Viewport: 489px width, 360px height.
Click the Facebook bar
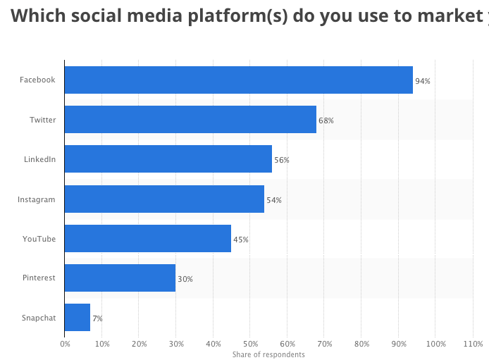pyautogui.click(x=238, y=80)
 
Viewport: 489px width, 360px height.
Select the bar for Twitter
pyautogui.click(x=190, y=120)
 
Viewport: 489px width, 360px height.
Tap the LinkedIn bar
pyautogui.click(x=168, y=159)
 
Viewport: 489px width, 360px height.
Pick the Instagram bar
pyautogui.click(x=164, y=199)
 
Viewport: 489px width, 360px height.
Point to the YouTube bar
pyautogui.click(x=147, y=239)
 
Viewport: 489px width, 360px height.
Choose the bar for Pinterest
pyautogui.click(x=120, y=278)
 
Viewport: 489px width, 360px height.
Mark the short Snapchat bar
pyautogui.click(x=77, y=318)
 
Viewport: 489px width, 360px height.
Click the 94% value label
pyautogui.click(x=423, y=81)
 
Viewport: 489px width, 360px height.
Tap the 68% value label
pyautogui.click(x=326, y=120)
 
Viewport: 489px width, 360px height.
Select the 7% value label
pyautogui.click(x=97, y=318)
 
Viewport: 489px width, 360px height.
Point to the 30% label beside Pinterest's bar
pyautogui.click(x=185, y=279)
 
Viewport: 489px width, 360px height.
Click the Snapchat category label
pyautogui.click(x=39, y=318)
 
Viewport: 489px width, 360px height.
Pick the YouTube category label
pyautogui.click(x=39, y=239)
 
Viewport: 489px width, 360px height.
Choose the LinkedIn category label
pyautogui.click(x=39, y=159)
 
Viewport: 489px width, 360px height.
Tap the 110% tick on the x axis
pyautogui.click(x=473, y=344)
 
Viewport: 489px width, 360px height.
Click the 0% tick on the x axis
pyautogui.click(x=65, y=344)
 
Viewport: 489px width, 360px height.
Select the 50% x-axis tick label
pyautogui.click(x=250, y=344)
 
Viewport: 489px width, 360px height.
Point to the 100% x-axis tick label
pyautogui.click(x=435, y=344)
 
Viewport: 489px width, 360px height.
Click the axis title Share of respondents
pyautogui.click(x=268, y=354)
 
